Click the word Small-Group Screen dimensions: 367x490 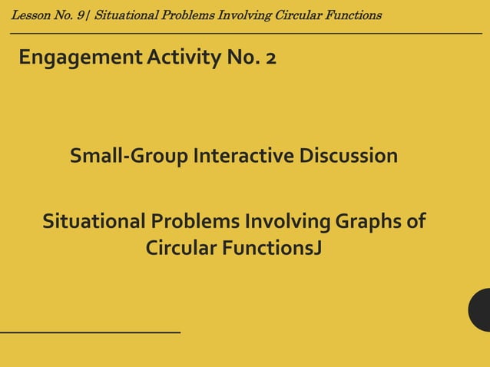coord(129,157)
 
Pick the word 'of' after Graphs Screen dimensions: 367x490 coord(416,223)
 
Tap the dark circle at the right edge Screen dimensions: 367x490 coord(481,309)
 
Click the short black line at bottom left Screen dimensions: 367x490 coord(90,332)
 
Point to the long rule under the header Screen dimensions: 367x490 coord(246,34)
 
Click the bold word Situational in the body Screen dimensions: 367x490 coord(92,223)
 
